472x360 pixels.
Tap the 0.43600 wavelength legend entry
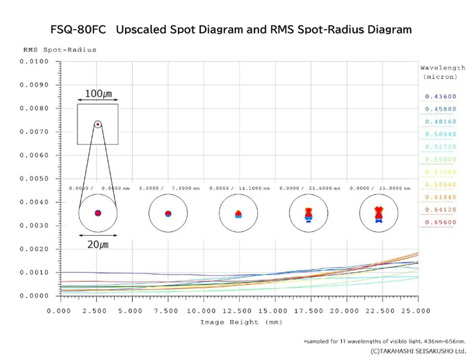click(440, 96)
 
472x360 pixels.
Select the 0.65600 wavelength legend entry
click(440, 222)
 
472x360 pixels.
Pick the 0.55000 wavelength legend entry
click(440, 159)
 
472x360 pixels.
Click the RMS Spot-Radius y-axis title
click(60, 50)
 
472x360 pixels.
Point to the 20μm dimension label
click(98, 244)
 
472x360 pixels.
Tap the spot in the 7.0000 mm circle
click(168, 214)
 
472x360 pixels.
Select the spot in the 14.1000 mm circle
click(238, 214)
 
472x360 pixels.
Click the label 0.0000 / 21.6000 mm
click(310, 189)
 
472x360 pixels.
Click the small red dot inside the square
click(98, 124)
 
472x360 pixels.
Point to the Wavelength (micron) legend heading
click(443, 72)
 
